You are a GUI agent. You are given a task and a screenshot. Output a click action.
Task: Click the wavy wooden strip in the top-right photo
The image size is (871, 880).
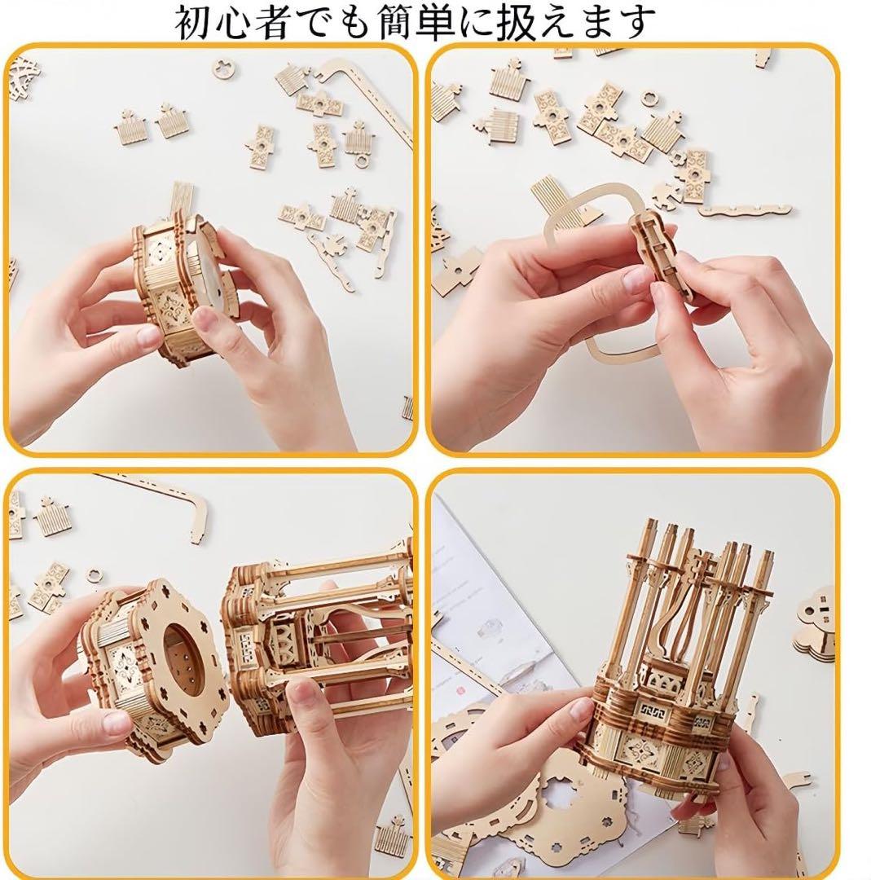746,211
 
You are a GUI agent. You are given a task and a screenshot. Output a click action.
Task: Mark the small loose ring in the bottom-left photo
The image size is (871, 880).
95,576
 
